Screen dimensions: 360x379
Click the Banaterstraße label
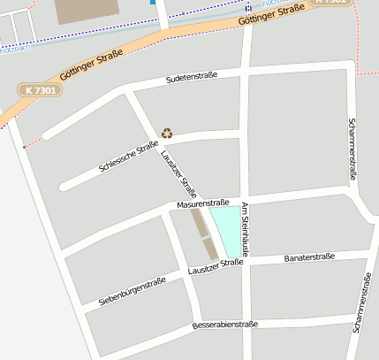309,257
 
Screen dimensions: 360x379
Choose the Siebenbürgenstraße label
132,292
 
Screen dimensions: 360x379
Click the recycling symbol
167,134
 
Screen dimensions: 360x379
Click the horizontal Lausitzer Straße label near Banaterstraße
216,266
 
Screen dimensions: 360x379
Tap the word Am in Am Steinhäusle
246,207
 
